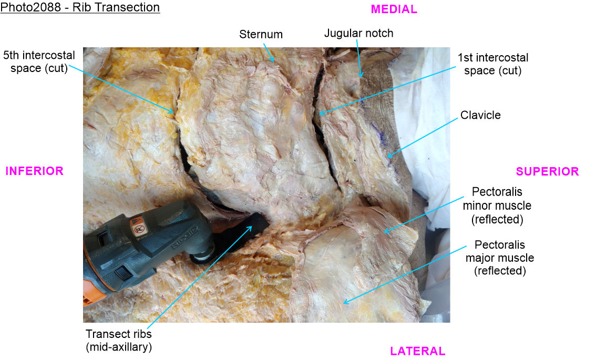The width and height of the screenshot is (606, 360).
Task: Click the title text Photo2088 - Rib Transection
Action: [80, 8]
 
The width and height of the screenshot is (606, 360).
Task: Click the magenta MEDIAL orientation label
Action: [394, 9]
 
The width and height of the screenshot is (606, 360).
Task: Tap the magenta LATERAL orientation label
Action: [417, 351]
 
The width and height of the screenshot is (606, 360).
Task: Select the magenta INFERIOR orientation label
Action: [34, 171]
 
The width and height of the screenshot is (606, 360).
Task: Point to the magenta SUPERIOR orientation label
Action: [547, 171]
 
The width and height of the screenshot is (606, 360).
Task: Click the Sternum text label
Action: [261, 35]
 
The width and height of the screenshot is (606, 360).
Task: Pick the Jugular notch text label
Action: [358, 33]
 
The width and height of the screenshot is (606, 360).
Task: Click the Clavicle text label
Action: [480, 115]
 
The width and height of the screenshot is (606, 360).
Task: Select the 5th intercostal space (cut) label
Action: [39, 61]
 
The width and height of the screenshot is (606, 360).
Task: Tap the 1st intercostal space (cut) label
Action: [492, 64]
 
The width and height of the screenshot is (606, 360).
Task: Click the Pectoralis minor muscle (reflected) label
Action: [497, 205]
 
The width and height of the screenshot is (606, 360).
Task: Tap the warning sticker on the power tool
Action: [138, 227]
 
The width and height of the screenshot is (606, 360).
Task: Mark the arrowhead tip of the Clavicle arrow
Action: [387, 157]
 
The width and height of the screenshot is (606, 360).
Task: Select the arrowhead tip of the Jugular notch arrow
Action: [361, 77]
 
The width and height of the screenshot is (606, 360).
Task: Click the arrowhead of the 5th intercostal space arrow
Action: [174, 112]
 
